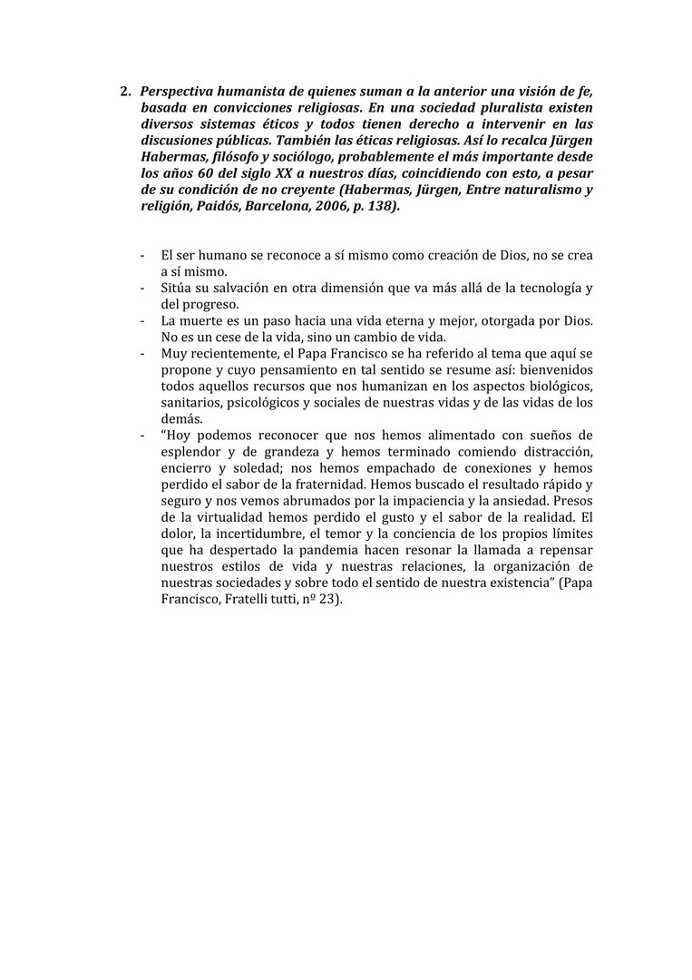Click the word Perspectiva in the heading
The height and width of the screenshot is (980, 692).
click(x=180, y=92)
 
